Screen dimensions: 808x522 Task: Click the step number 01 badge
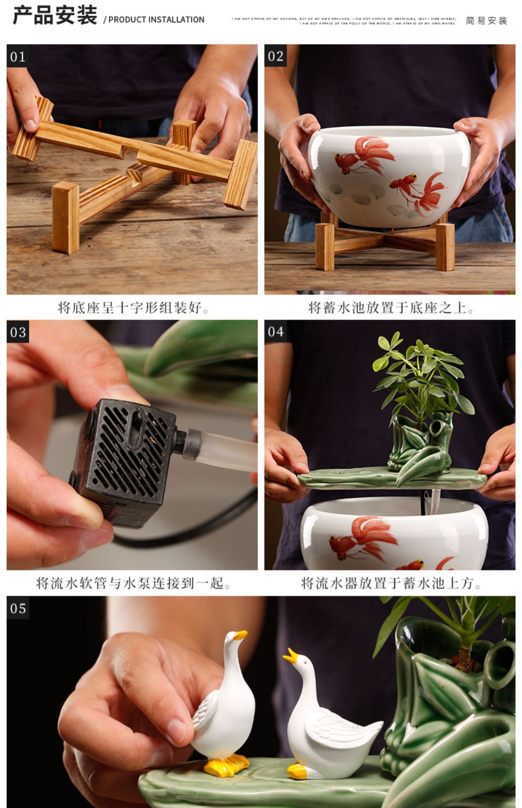click(18, 56)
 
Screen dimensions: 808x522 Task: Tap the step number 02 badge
click(275, 56)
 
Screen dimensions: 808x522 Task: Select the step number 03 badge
click(18, 332)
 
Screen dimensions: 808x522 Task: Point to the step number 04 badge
click(275, 332)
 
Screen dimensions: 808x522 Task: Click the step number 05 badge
click(18, 608)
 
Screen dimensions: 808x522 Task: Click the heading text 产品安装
click(55, 16)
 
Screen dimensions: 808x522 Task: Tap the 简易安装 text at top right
click(486, 21)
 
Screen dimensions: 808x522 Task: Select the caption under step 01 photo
click(133, 308)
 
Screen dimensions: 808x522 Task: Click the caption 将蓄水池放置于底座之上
click(391, 308)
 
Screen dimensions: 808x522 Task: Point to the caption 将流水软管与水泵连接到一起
click(133, 583)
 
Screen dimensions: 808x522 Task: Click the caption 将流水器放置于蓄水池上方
click(391, 583)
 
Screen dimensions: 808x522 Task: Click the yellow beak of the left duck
click(240, 635)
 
